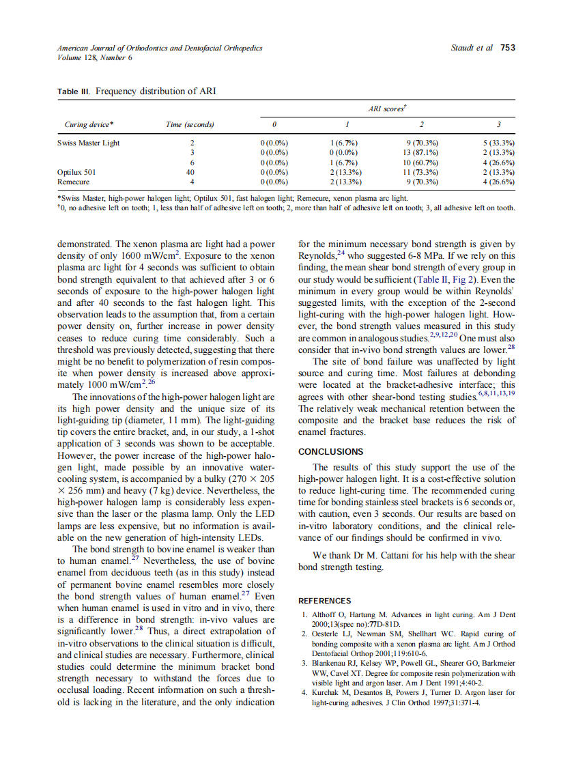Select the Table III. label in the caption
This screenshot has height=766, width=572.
[74, 91]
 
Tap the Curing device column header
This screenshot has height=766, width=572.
[89, 124]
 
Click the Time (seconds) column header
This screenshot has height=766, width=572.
[190, 124]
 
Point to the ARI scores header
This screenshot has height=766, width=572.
[387, 109]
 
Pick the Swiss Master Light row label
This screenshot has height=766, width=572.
[88, 143]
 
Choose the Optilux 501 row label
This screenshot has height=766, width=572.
[76, 173]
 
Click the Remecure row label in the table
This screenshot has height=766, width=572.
[74, 182]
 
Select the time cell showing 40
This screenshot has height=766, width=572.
[192, 173]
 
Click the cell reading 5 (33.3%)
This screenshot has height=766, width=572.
[498, 143]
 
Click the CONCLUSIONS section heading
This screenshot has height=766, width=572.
[331, 451]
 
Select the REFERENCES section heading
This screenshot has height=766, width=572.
[325, 601]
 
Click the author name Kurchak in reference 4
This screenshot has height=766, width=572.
[326, 693]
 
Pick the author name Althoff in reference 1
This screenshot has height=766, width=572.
[324, 615]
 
